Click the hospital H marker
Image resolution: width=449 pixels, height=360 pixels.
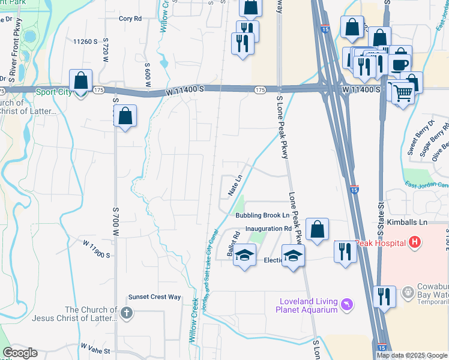(414, 243)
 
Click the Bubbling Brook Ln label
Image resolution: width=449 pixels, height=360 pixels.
(262, 215)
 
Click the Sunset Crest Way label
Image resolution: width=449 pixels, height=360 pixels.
(154, 297)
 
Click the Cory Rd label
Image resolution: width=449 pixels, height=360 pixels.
(130, 19)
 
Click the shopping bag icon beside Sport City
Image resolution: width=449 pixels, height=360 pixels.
(80, 81)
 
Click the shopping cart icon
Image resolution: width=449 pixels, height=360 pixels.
(403, 92)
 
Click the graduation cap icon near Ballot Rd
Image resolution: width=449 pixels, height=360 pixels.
(244, 256)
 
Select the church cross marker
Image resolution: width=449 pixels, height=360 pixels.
(126, 312)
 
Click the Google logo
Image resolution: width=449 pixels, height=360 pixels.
(20, 353)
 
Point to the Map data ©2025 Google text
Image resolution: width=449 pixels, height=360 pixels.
(411, 355)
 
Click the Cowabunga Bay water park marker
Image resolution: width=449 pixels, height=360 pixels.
(408, 292)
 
